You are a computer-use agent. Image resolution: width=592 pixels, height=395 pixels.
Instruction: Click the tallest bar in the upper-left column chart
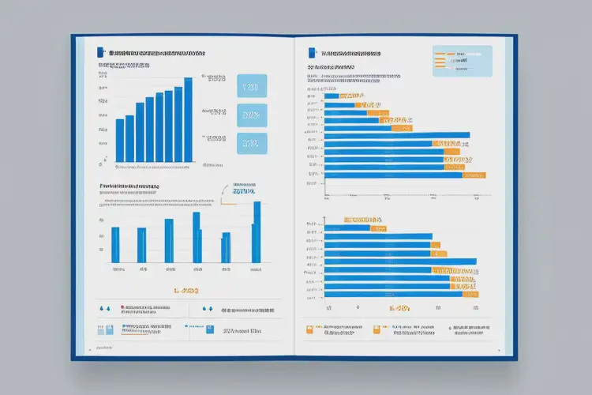[x=188, y=120]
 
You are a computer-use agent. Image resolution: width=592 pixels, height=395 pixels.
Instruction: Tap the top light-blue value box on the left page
[x=252, y=87]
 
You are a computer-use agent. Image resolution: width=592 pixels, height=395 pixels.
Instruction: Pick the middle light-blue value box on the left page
[x=252, y=115]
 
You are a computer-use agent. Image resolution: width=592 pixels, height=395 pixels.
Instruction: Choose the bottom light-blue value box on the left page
[x=252, y=144]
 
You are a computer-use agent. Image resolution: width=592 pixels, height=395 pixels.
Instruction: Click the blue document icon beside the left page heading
[x=99, y=52]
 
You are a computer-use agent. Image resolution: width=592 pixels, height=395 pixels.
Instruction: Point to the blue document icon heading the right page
[x=312, y=52]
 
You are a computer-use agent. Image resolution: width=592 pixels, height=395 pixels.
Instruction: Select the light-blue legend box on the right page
[x=463, y=61]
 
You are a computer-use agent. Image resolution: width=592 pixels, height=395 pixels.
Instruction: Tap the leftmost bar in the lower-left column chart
[x=115, y=245]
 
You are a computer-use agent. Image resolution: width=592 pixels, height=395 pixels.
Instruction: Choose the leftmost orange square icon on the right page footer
[x=309, y=327]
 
